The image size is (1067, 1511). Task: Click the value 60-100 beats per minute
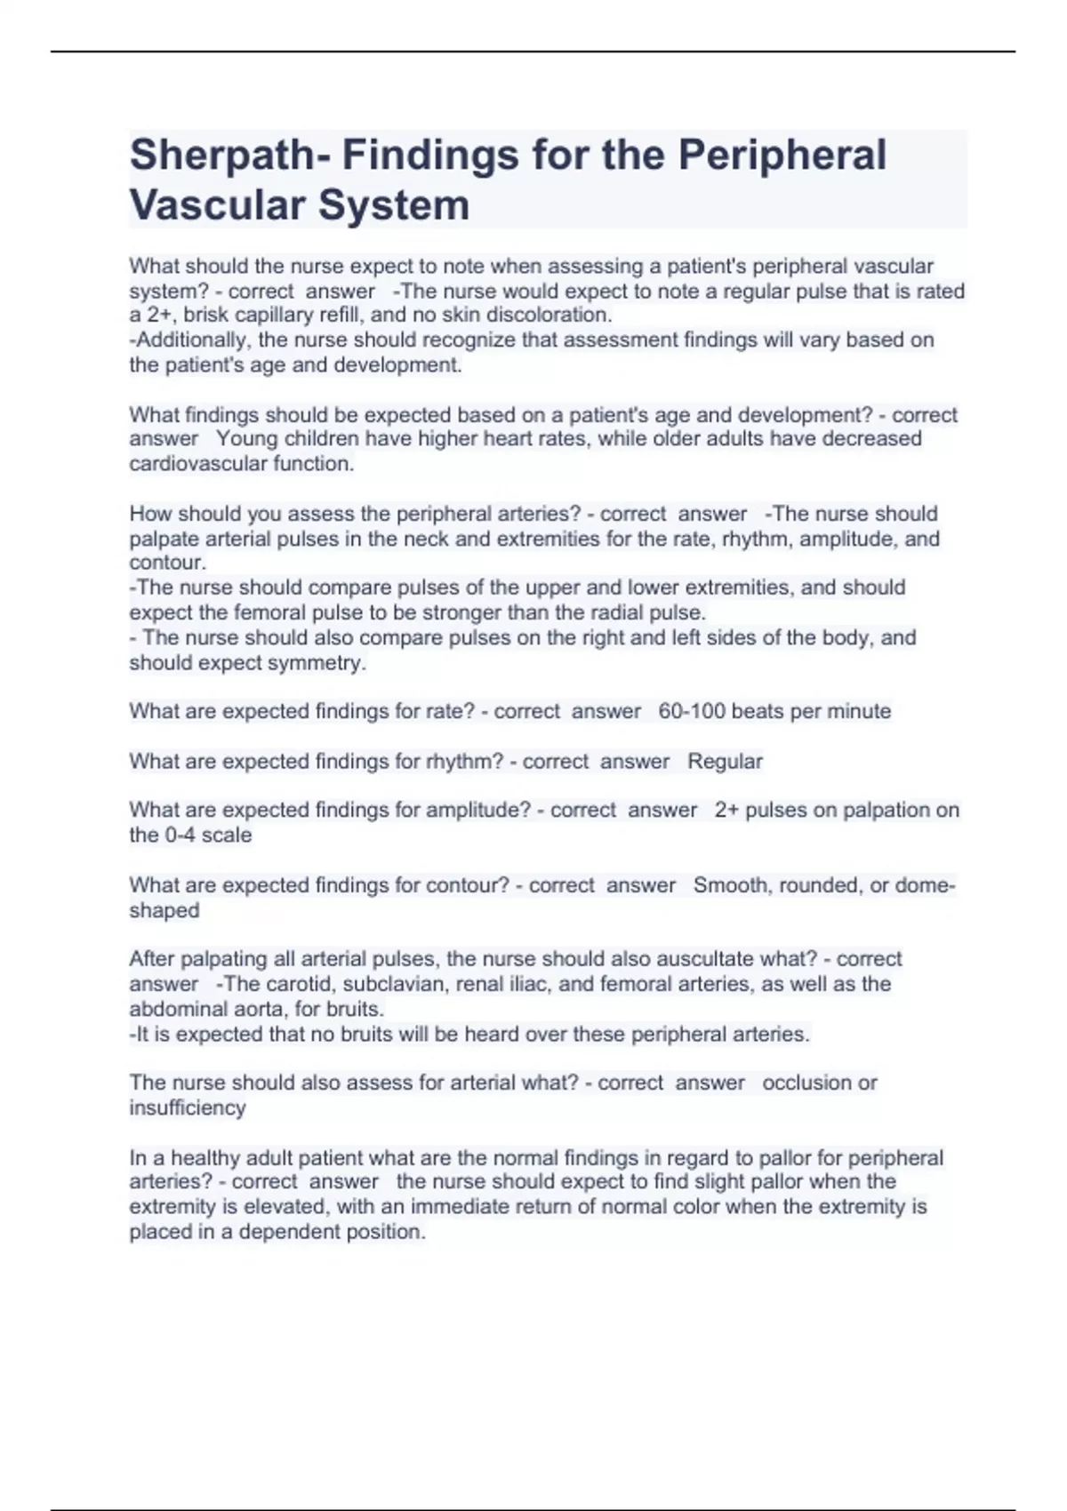[774, 711]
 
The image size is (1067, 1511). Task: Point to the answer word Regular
[725, 762]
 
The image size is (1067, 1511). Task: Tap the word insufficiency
[188, 1108]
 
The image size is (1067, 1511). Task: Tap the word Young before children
[247, 439]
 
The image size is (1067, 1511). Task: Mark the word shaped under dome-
[164, 911]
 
